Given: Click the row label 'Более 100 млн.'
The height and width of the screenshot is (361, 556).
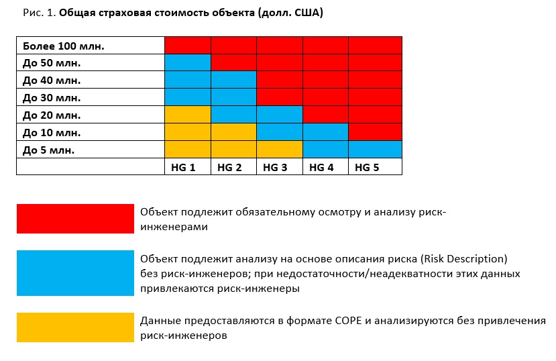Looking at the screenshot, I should tap(64, 46).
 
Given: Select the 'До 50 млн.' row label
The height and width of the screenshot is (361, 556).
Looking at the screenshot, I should tap(52, 63).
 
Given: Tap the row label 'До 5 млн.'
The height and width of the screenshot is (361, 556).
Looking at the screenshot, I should tap(49, 150).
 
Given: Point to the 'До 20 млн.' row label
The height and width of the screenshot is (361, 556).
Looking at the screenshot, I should tap(52, 115).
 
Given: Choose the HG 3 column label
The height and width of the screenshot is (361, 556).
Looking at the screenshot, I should tap(276, 167).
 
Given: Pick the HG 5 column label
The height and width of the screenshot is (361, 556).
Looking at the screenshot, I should tap(368, 167).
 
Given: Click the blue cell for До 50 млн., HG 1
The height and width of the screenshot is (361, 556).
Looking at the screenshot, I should tap(188, 63).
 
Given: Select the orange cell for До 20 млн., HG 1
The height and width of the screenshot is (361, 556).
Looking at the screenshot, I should tap(188, 115).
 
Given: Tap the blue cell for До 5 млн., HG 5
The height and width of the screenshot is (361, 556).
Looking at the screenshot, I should tap(375, 149).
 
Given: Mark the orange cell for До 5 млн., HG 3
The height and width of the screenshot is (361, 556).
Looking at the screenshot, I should tap(280, 149).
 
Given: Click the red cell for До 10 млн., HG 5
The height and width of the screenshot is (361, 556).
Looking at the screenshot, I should tap(375, 132).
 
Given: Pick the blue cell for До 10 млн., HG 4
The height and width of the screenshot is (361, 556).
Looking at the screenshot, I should tap(325, 132).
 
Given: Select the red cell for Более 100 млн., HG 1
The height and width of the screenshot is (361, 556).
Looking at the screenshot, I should tap(188, 46).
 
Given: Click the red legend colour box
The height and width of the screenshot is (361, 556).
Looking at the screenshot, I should tap(75, 219).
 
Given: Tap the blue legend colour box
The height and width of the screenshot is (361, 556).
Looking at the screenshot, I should tap(75, 273).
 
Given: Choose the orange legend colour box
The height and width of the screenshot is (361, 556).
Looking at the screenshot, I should tap(75, 327).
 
